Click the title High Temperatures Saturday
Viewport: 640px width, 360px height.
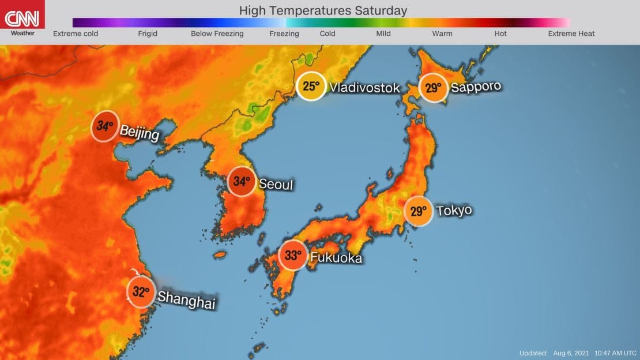coord(322,10)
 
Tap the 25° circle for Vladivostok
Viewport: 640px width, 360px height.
coord(311,87)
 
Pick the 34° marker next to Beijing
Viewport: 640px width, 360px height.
coord(105,125)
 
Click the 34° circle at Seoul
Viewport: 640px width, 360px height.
coord(242,181)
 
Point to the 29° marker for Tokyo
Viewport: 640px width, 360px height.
coord(418,212)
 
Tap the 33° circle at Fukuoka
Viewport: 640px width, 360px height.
coord(293,256)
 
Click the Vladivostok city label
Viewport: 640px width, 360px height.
coord(364,88)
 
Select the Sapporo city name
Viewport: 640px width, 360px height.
coord(476,87)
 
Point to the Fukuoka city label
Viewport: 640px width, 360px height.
coord(336,257)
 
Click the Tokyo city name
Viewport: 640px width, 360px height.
coord(454,210)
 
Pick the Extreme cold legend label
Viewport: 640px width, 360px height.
coord(76,33)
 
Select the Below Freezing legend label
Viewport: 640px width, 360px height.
coord(217,33)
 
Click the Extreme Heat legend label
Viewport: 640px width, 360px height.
coord(571,33)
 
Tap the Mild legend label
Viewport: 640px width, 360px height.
coord(383,33)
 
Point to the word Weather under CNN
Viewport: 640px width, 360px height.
coord(22,33)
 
